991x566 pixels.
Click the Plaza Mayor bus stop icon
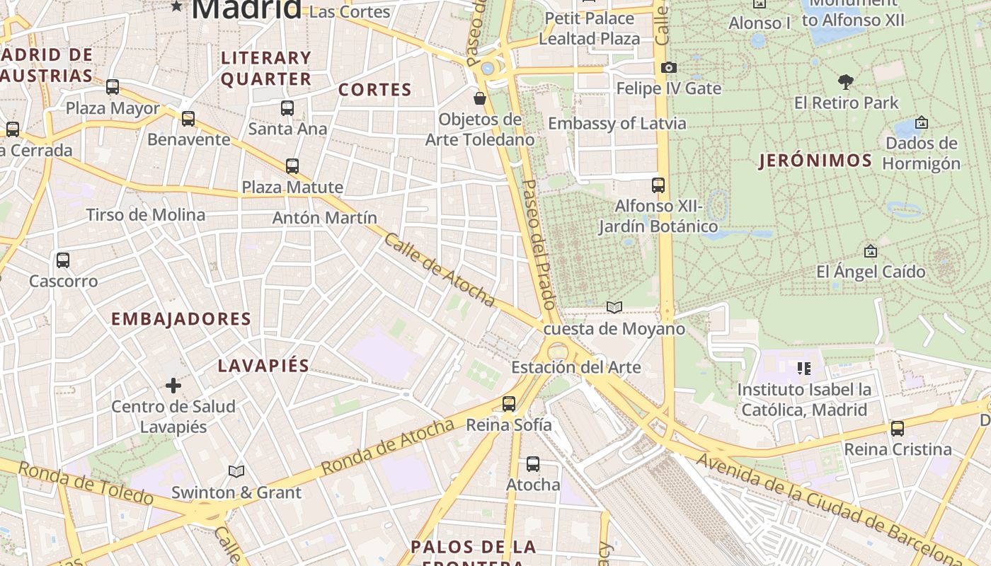tap(113, 87)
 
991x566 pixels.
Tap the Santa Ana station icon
tap(287, 108)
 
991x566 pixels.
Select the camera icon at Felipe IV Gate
tap(668, 68)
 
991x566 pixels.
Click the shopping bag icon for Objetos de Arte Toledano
tap(480, 98)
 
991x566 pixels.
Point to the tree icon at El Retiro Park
tap(845, 81)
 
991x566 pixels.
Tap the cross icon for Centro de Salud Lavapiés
tap(173, 386)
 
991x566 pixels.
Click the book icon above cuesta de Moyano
tap(614, 307)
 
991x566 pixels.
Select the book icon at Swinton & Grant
tap(236, 471)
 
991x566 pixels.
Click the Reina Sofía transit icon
tap(509, 404)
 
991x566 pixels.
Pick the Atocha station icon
tap(533, 464)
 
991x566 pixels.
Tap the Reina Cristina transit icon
tap(898, 429)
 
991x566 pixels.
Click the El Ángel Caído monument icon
tap(871, 251)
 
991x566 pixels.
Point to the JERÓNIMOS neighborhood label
tap(815, 161)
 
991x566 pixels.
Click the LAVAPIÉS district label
tap(263, 366)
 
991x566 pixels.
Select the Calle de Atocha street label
tap(439, 270)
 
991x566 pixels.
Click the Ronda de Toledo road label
tap(85, 484)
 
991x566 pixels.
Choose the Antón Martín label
tap(325, 217)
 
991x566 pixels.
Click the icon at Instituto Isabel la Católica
tap(804, 369)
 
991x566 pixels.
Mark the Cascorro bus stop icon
tap(63, 260)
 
